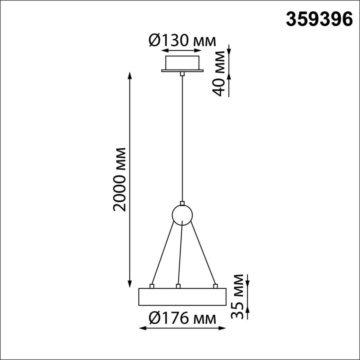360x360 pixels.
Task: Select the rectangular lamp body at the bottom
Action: coord(182,297)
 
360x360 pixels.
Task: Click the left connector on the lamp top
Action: coord(152,286)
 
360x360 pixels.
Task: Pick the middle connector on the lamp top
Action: coord(178,286)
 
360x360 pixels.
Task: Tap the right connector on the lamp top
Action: coord(215,286)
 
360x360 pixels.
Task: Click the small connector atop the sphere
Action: coord(182,203)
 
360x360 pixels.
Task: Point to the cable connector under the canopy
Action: coord(182,74)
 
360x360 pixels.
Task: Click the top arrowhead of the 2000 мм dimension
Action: coord(130,75)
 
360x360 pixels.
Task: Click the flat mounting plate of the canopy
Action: coord(182,71)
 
